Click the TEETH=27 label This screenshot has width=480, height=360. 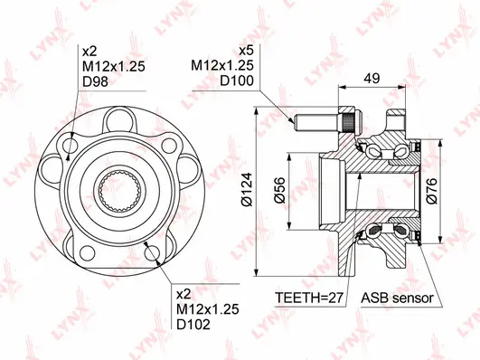(x=309, y=298)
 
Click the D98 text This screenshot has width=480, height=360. (x=94, y=82)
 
